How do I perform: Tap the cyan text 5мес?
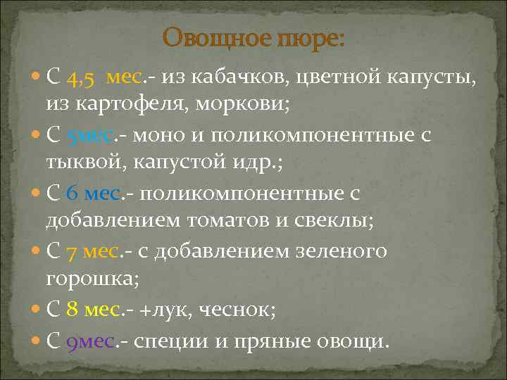pos(88,135)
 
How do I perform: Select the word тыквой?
pos(78,163)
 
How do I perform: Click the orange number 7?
pos(71,251)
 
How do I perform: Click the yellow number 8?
pos(72,309)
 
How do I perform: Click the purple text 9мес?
pos(89,341)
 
